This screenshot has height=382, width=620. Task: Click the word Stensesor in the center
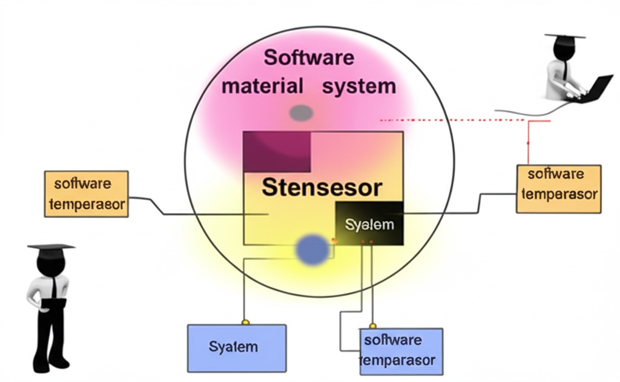tap(322, 187)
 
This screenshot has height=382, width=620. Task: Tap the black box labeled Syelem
tap(369, 225)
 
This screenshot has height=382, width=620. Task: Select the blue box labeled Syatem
tap(236, 347)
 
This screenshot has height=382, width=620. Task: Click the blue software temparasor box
tap(401, 351)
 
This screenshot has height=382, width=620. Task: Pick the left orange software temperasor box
tap(86, 194)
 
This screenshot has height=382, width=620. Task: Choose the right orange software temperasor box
tap(558, 188)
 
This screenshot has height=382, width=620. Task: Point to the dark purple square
tap(277, 151)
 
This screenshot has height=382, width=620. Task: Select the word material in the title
tap(262, 86)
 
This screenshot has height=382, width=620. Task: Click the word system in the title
tap(359, 86)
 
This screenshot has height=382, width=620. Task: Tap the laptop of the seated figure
tap(596, 90)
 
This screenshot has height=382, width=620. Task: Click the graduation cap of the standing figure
tap(51, 247)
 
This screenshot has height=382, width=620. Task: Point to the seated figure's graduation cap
tap(564, 37)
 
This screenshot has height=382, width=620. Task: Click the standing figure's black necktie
tap(54, 287)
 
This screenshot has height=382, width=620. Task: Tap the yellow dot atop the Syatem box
tap(245, 321)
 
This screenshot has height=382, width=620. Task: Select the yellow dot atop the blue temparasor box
tap(372, 326)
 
